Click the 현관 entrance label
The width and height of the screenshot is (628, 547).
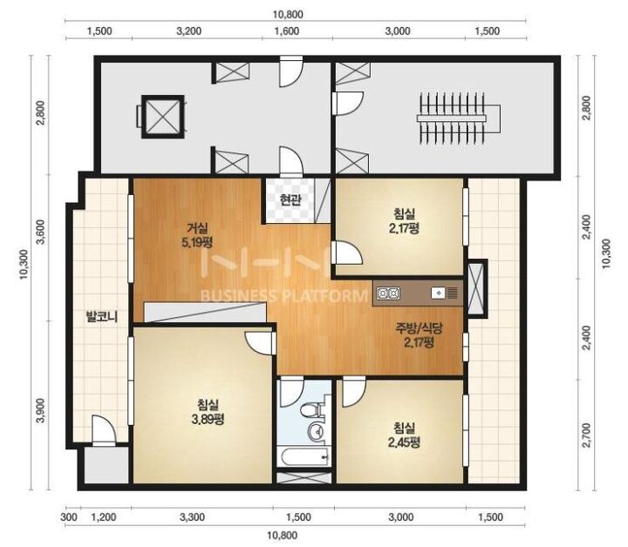290,199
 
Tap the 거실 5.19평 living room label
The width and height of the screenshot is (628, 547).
197,235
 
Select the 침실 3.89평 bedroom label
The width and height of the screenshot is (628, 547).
208,412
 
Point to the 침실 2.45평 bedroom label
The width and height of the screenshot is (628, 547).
405,435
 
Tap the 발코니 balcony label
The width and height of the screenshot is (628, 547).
102,317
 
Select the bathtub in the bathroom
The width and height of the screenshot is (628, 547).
304,456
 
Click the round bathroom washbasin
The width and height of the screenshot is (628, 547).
316,431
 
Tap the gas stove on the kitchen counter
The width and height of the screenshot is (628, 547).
387,294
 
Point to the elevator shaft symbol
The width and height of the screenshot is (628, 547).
162,117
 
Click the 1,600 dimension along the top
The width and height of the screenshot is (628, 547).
288,30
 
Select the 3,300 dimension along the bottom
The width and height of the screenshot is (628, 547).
193,517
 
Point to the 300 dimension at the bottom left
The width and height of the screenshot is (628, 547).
69,517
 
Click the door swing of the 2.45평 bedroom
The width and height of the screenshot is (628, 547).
354,394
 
